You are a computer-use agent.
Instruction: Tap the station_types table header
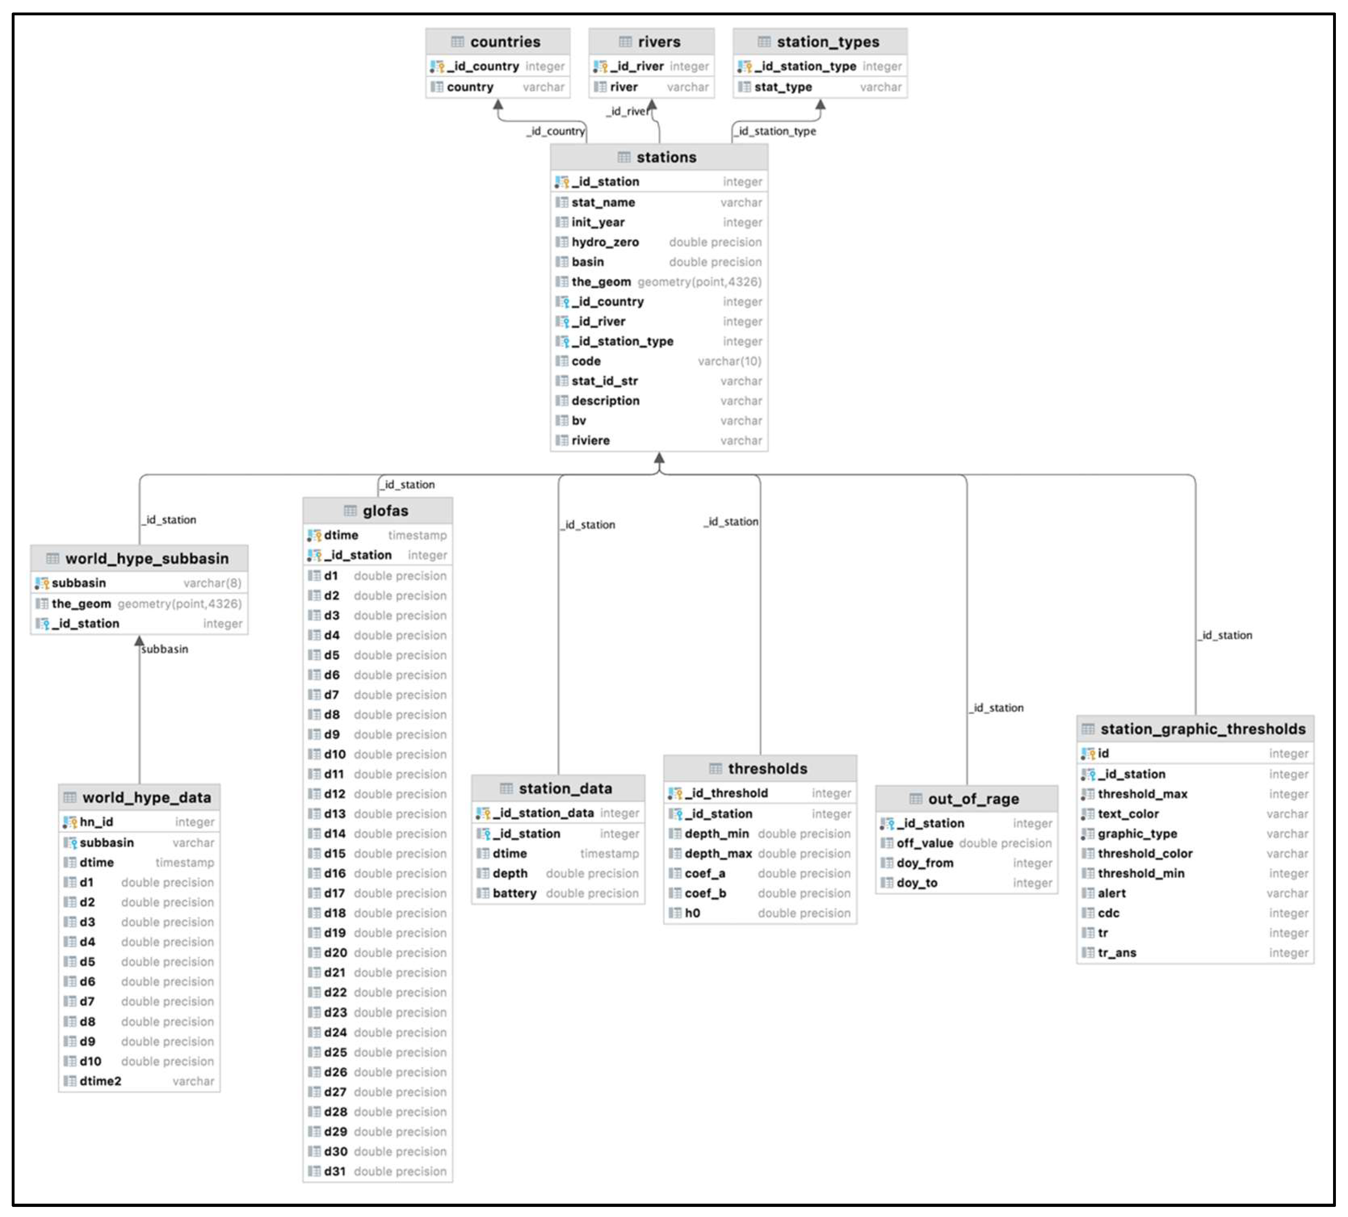coord(827,42)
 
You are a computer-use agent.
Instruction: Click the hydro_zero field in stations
coord(605,242)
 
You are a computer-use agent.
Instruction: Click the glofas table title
coord(385,511)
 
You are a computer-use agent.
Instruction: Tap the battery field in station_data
coord(514,893)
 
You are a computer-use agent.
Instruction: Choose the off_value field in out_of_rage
coord(925,843)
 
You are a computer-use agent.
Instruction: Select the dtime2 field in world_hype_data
coord(100,1081)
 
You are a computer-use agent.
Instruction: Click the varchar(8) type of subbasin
coord(212,583)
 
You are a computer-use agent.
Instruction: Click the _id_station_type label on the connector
coord(777,131)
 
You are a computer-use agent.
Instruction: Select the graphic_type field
coord(1137,834)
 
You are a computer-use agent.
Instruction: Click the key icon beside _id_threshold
coord(675,794)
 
